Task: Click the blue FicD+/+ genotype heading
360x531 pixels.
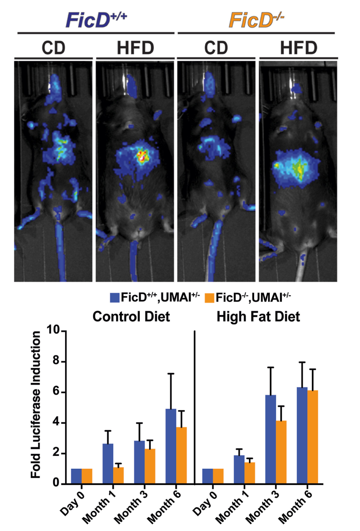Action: (x=96, y=20)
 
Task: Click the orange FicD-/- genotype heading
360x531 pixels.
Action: (x=256, y=20)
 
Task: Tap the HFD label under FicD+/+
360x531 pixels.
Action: (x=135, y=48)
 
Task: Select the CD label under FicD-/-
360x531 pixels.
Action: (x=216, y=48)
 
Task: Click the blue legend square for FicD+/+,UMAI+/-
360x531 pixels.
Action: (x=115, y=298)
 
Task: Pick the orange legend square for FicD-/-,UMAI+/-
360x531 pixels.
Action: (x=210, y=298)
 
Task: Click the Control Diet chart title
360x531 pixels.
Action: (x=131, y=317)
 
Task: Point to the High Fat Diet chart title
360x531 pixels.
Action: (x=258, y=317)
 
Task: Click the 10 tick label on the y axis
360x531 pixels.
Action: (x=53, y=330)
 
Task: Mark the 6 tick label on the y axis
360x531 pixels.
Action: (x=56, y=392)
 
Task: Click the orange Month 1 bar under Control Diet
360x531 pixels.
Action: (x=118, y=475)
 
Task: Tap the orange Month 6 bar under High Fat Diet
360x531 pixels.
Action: (x=313, y=437)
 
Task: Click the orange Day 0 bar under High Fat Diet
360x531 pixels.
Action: (x=218, y=476)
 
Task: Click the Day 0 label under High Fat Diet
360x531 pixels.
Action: (x=205, y=503)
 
